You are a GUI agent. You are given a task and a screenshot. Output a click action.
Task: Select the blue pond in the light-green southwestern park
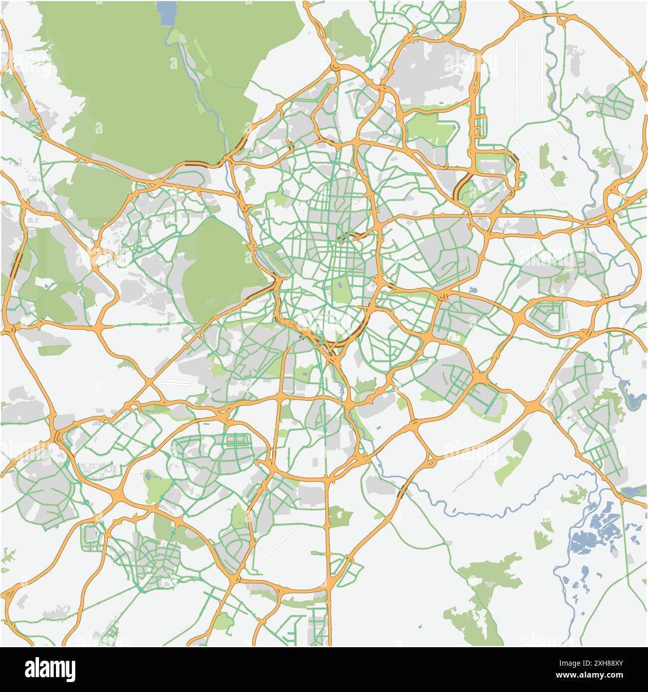tap(149, 476)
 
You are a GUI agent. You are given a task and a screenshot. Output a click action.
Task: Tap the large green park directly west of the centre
tap(219, 269)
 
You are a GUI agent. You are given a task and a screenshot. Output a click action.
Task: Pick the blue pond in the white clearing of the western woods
tap(46, 286)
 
